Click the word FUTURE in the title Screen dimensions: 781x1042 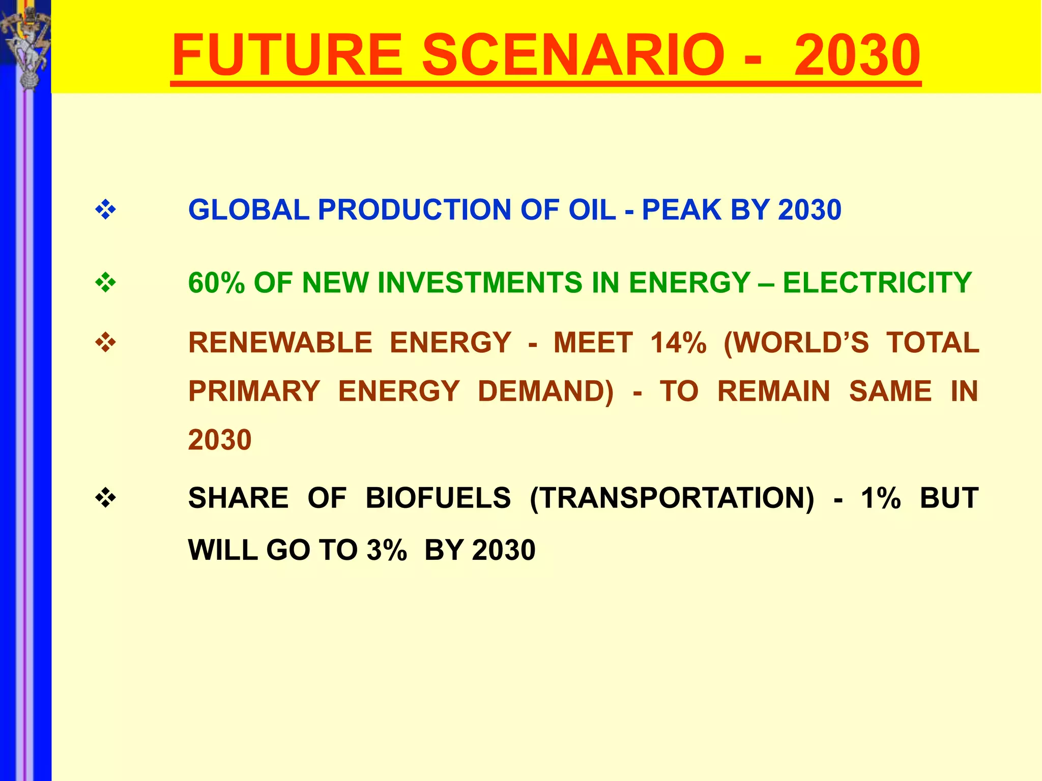point(287,54)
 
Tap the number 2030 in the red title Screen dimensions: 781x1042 point(857,54)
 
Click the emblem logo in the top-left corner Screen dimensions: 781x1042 point(25,43)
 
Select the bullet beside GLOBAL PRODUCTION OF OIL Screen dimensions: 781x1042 point(105,209)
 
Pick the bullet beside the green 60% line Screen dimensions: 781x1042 point(105,283)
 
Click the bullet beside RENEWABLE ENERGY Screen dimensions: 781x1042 point(105,343)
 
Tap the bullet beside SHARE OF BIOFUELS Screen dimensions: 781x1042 point(105,498)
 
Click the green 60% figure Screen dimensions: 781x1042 point(216,283)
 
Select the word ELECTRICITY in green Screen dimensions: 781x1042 point(877,283)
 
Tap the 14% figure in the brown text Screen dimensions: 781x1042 point(678,343)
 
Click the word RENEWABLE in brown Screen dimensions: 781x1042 point(280,343)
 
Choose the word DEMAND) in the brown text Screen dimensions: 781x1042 point(545,392)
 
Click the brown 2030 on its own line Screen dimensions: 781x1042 point(220,440)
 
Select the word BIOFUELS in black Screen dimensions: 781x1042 point(438,498)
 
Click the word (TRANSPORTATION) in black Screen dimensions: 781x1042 point(672,498)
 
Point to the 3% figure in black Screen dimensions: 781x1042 point(387,550)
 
